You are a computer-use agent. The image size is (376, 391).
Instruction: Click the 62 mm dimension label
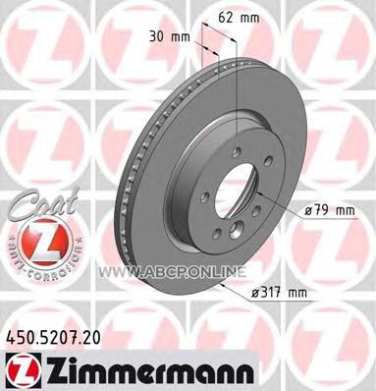pyautogui.click(x=239, y=18)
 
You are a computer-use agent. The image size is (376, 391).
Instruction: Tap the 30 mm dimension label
pyautogui.click(x=170, y=36)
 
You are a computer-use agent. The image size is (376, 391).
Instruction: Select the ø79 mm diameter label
pyautogui.click(x=330, y=211)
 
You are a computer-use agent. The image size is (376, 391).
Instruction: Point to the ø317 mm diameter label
pyautogui.click(x=279, y=293)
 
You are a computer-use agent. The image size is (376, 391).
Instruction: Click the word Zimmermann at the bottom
pyautogui.click(x=149, y=372)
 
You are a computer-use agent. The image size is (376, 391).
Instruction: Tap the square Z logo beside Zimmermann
pyautogui.click(x=24, y=371)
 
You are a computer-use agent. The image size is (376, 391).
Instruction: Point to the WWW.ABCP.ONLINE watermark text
pyautogui.click(x=172, y=272)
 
